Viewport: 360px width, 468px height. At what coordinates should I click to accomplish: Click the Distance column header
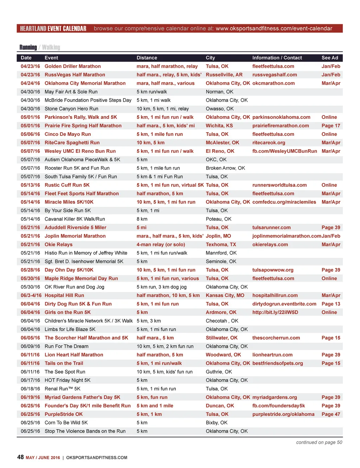147,58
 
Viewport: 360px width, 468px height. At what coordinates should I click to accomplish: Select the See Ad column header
329,58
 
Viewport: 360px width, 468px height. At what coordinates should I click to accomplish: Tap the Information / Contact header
277,58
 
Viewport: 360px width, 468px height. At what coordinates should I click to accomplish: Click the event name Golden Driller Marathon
72,66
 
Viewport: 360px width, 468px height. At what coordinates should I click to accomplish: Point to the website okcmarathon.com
274,83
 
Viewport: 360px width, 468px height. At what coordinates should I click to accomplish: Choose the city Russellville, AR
224,75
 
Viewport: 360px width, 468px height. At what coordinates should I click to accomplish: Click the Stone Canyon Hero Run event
71,109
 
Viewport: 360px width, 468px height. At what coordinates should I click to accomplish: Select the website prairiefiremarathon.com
281,126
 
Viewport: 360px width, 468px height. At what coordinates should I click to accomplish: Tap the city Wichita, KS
219,126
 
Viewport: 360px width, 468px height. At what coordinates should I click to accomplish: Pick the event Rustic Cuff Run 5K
67,185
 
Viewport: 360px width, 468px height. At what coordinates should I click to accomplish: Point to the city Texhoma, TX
221,245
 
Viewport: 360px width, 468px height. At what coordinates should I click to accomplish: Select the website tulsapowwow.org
273,270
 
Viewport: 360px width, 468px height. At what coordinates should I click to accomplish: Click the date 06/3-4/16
31,296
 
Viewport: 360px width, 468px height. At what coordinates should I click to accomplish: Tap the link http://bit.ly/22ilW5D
275,312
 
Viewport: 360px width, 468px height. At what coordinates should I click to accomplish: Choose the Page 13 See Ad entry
331,304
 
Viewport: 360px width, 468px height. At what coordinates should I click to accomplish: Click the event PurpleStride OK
64,414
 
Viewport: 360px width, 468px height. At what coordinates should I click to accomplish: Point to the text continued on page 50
319,442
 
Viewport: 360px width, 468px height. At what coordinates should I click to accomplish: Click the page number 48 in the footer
20,457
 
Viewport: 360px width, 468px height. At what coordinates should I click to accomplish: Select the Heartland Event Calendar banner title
53,29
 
